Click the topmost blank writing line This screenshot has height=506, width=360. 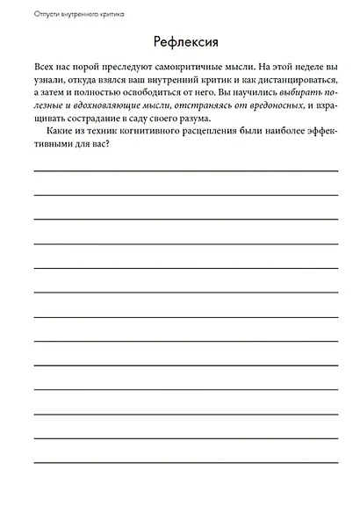coord(185,169)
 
